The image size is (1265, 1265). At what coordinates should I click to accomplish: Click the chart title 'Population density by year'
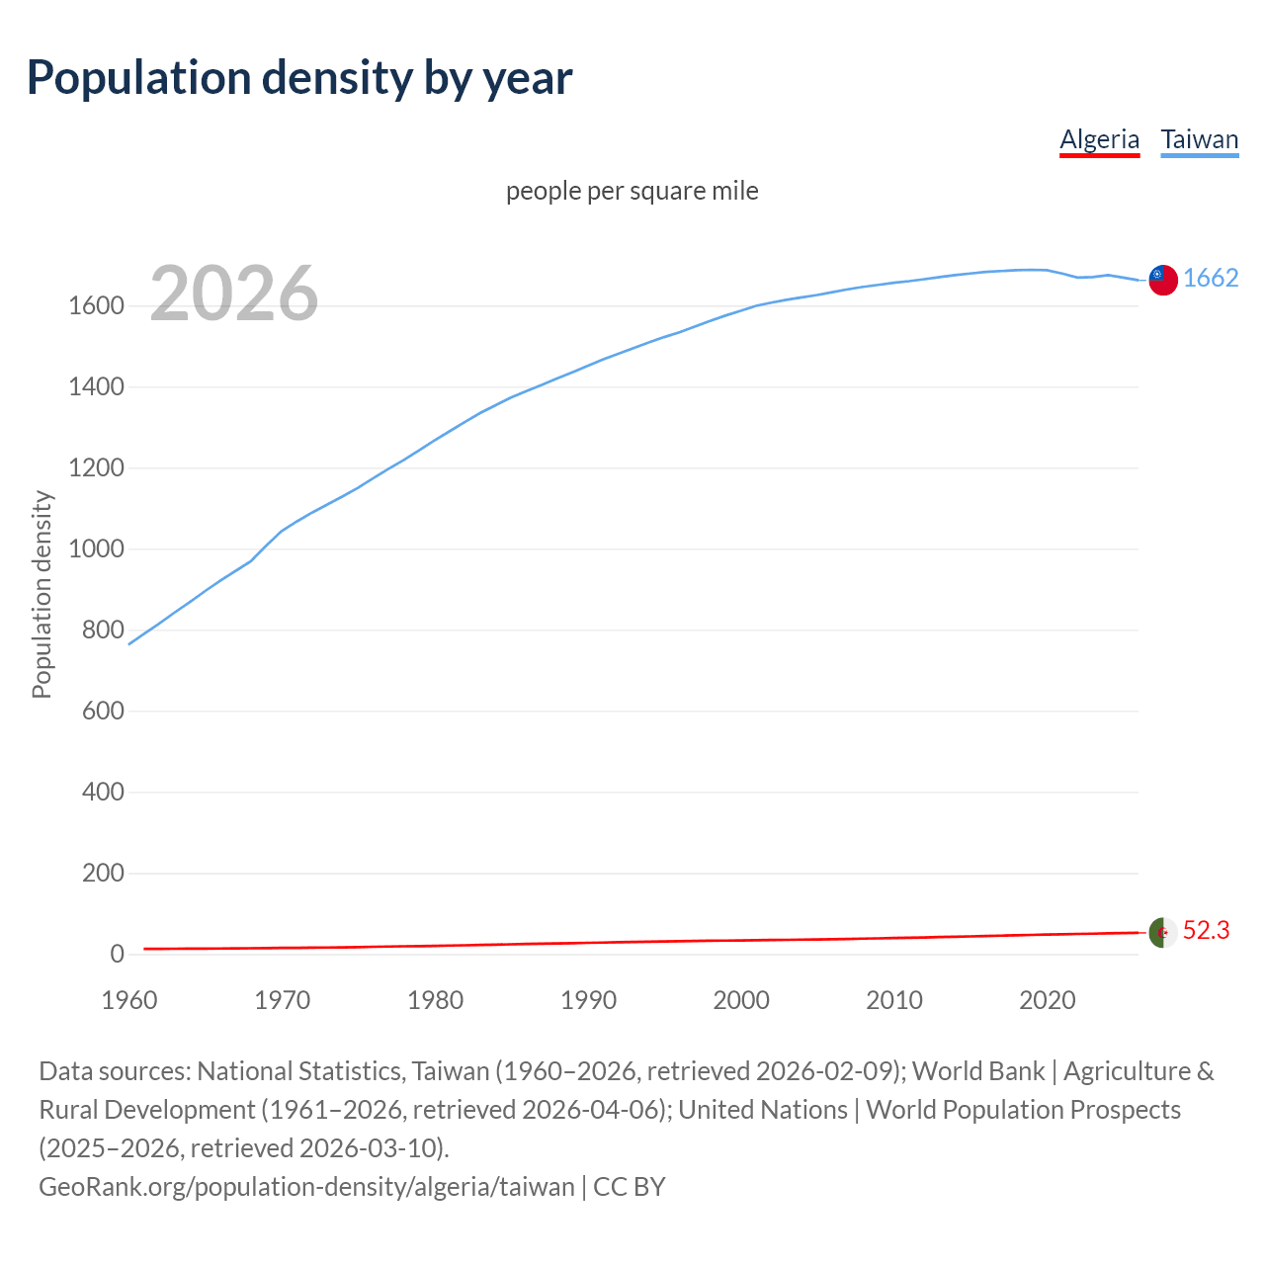tap(299, 78)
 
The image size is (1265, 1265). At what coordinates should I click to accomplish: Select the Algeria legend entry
tap(1099, 139)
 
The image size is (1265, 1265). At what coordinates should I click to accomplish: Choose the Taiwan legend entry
tap(1199, 139)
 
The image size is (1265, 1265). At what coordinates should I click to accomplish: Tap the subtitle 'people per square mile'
tap(632, 191)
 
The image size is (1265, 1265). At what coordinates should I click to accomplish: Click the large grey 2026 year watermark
tap(234, 294)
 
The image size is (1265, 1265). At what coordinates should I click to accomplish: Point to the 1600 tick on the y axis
tap(96, 306)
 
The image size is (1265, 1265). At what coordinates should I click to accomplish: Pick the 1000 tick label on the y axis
tap(96, 549)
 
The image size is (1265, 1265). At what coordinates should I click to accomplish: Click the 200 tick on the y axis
tap(104, 874)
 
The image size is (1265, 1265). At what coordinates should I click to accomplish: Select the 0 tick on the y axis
tap(117, 955)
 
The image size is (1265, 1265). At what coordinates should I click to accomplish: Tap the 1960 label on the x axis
tap(129, 1000)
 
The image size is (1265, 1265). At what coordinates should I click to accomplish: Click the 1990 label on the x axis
tap(588, 1000)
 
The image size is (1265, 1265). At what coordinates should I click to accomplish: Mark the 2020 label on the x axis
tap(1047, 1000)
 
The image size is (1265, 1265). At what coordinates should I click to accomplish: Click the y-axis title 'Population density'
tap(42, 594)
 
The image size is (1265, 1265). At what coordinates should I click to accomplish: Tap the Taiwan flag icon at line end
tap(1163, 280)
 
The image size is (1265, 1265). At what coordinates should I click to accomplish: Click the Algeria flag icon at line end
tap(1163, 932)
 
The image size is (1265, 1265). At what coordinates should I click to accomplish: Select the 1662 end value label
tap(1211, 279)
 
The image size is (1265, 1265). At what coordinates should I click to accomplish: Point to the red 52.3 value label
tap(1206, 931)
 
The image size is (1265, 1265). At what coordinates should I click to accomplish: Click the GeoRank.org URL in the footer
tap(306, 1187)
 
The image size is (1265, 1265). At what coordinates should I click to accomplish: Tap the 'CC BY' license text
tap(630, 1187)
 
